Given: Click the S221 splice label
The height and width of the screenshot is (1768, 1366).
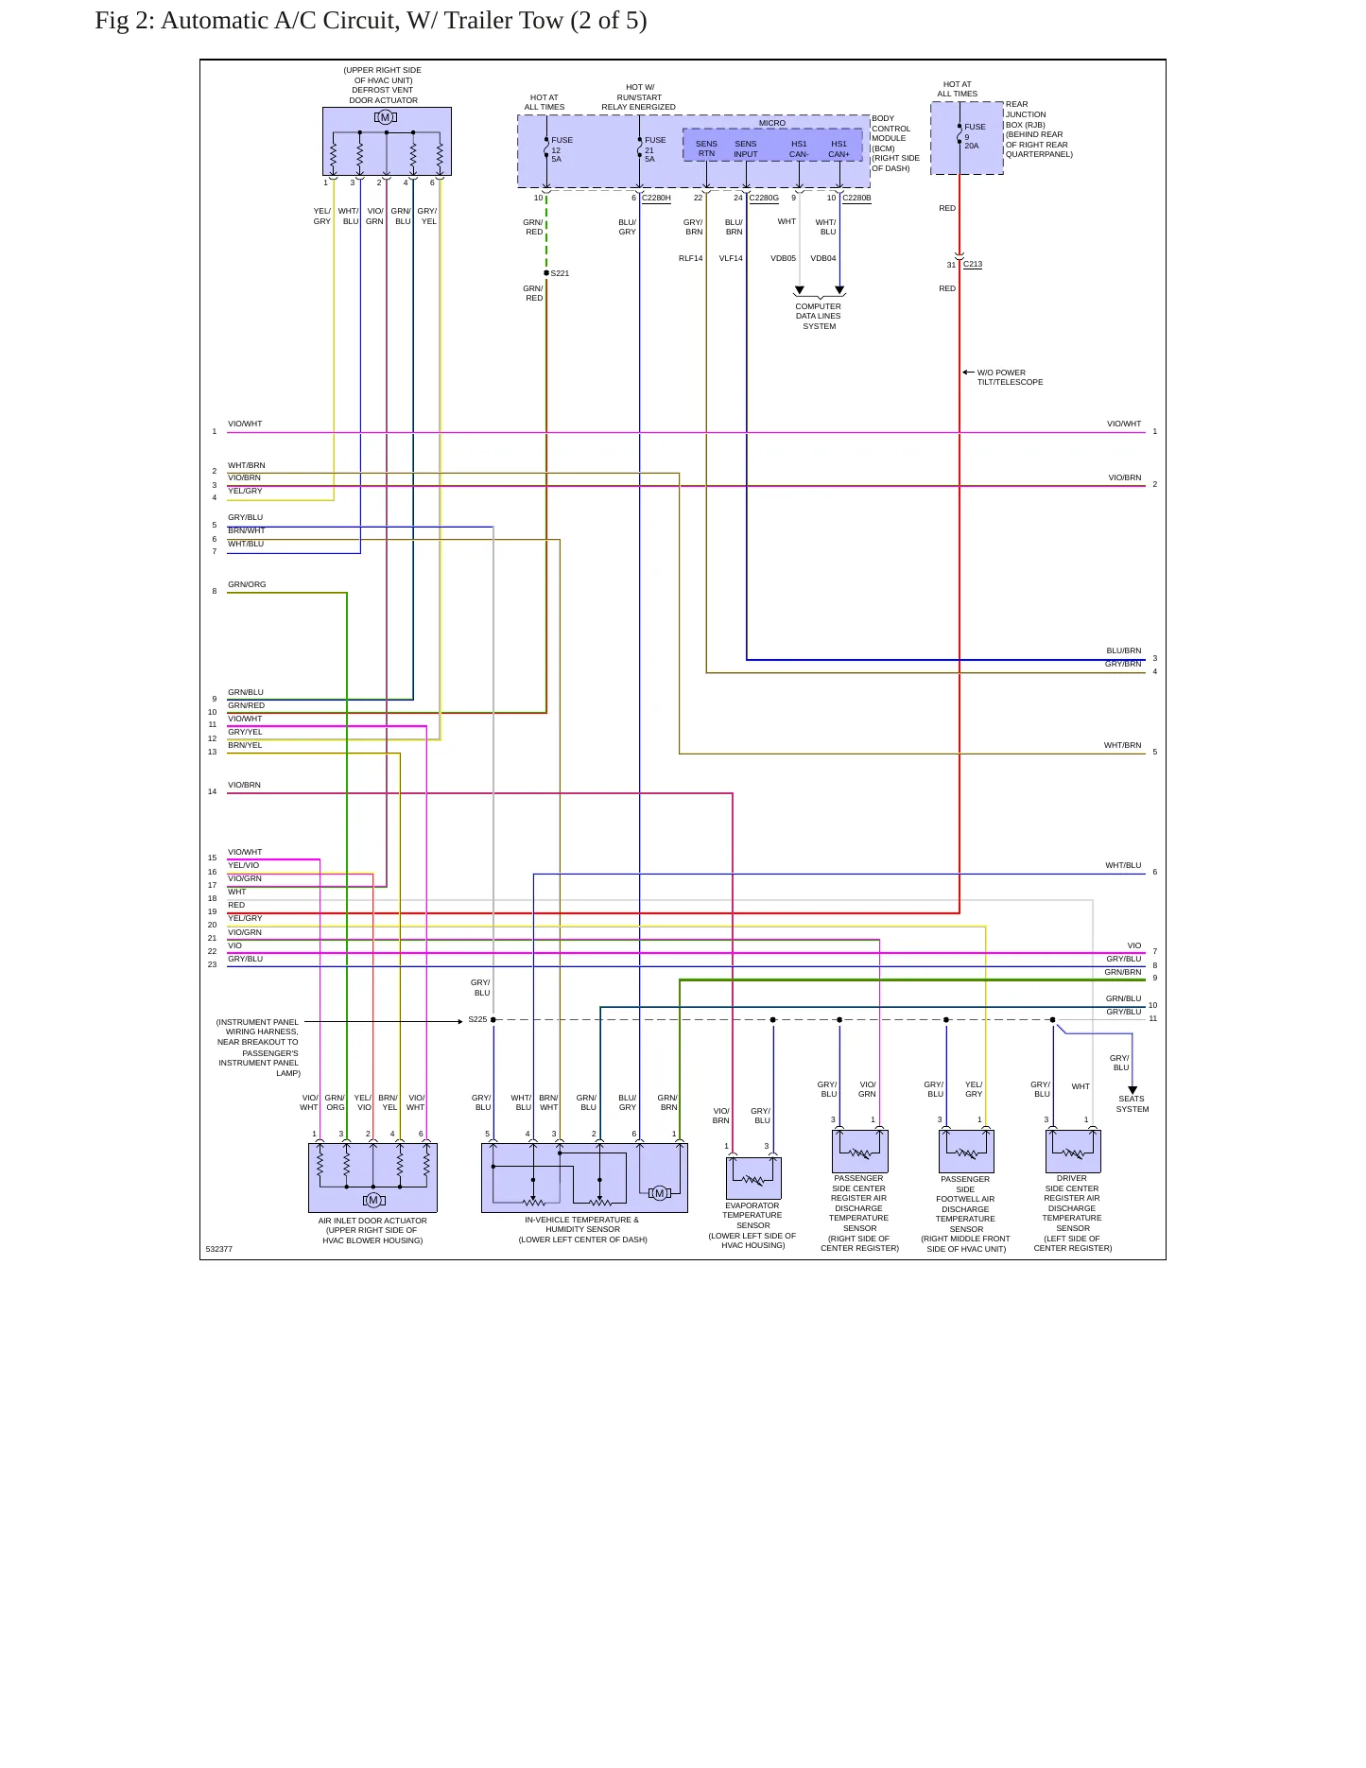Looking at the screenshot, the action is [x=560, y=273].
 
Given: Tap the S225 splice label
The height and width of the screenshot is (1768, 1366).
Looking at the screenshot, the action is [x=477, y=1019].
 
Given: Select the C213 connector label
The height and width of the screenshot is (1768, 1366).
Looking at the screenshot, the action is [x=973, y=264].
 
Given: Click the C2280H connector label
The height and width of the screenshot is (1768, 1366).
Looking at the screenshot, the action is [x=656, y=198].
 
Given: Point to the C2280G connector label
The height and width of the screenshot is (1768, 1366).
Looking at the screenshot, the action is [x=764, y=198].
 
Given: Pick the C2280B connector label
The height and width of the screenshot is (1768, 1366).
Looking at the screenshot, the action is [x=856, y=198].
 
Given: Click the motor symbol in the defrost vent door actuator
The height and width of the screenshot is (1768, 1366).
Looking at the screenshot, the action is [x=386, y=117].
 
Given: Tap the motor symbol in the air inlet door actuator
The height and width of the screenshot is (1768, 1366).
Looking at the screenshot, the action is [x=373, y=1200].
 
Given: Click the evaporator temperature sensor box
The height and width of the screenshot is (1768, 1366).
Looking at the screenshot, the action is [x=753, y=1178].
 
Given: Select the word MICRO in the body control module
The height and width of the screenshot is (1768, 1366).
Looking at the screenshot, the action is [x=772, y=123].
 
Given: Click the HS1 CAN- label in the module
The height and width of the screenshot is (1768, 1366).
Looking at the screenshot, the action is [x=799, y=149].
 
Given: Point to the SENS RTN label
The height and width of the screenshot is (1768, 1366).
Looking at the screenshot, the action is [x=706, y=148].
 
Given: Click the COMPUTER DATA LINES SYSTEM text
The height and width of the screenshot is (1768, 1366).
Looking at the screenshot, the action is [x=819, y=316].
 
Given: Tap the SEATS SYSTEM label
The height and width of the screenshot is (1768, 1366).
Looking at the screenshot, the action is [x=1133, y=1103].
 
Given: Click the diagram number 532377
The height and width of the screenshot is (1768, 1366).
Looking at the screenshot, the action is [x=219, y=1249].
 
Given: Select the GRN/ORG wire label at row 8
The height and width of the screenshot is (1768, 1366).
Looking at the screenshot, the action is [x=247, y=584].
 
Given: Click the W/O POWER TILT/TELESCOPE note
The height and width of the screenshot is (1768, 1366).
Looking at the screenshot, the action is [x=1011, y=377].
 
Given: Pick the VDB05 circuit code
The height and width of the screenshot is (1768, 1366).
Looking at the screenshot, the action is [x=783, y=258].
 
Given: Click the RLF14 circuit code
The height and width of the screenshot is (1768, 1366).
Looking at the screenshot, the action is [x=691, y=258].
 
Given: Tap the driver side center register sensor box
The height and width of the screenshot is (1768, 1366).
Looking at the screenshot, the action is [x=1073, y=1151].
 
